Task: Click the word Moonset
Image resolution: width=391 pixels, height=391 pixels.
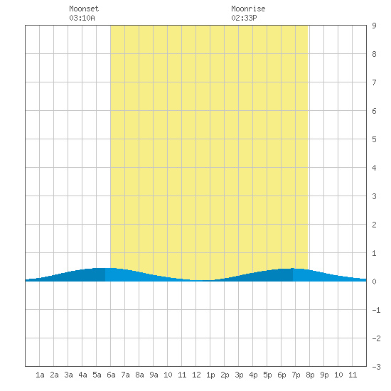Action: [84, 9]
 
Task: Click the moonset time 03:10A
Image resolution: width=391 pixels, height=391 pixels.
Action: [82, 18]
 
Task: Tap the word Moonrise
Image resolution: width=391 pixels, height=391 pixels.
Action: [248, 9]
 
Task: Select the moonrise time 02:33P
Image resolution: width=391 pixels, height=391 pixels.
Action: [244, 18]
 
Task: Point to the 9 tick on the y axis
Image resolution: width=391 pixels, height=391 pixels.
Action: [374, 26]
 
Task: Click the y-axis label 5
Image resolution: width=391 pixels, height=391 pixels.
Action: [374, 139]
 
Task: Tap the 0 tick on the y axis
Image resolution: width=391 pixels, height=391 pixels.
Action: [374, 282]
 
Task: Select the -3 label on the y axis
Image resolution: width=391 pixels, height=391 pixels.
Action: [376, 367]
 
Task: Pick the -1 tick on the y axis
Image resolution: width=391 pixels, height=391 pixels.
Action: [376, 310]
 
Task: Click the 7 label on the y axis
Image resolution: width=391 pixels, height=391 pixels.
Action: [374, 82]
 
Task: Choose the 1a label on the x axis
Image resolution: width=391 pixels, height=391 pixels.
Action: [40, 375]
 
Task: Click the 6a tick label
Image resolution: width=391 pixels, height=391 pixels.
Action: [111, 375]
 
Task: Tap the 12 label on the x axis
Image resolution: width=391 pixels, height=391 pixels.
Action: [196, 375]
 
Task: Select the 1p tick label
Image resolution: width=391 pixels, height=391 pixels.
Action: [210, 375]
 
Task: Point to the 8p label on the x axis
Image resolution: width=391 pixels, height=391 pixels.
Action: [310, 375]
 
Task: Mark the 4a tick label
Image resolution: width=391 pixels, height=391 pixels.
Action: [82, 375]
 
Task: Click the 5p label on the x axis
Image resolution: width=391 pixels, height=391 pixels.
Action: [267, 375]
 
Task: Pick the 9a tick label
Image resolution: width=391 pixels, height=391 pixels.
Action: [154, 375]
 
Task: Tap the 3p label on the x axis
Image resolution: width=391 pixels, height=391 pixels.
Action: [239, 375]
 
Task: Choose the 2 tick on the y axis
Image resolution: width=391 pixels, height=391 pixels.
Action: [374, 225]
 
